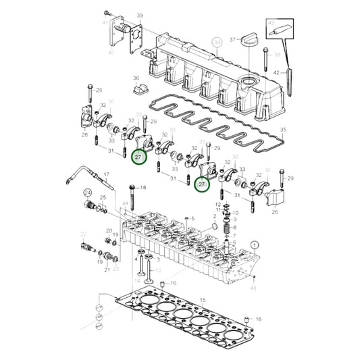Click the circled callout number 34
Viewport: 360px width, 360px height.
(x=217, y=42)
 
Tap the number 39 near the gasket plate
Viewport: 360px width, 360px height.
(x=140, y=15)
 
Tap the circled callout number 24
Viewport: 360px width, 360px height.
(x=87, y=192)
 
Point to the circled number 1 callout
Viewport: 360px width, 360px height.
(x=254, y=245)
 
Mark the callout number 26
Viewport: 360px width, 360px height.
(x=275, y=211)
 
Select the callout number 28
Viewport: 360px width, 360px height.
(x=84, y=135)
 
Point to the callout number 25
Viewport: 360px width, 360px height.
(x=103, y=198)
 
